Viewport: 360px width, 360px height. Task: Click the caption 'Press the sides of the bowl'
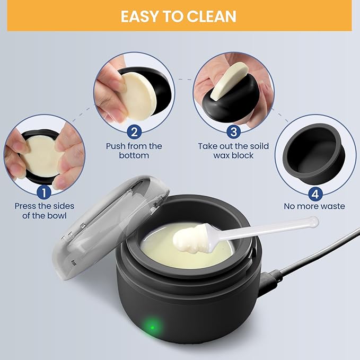click(x=45, y=210)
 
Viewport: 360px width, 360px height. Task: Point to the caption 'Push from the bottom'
click(x=134, y=151)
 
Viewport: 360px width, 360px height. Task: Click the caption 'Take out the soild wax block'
click(x=233, y=151)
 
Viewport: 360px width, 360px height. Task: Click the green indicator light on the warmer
click(x=152, y=325)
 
